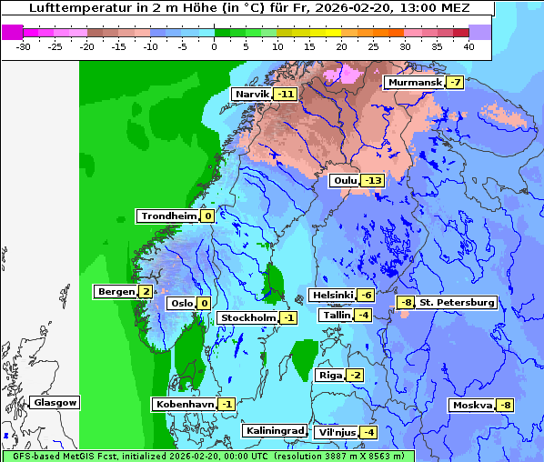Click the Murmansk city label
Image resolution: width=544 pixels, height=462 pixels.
(x=414, y=83)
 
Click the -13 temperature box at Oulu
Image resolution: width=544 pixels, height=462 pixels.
(x=372, y=180)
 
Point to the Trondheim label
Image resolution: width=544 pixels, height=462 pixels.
(x=167, y=216)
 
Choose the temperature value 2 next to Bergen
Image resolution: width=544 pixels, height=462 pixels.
(x=146, y=292)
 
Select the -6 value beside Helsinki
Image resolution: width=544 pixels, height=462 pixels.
(x=365, y=295)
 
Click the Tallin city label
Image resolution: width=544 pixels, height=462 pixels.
(x=336, y=315)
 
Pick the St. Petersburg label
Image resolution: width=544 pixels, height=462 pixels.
(x=457, y=302)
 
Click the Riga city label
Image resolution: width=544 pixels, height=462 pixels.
(x=329, y=375)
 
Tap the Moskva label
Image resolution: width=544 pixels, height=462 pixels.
(x=472, y=405)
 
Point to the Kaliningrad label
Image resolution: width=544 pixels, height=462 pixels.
(x=274, y=430)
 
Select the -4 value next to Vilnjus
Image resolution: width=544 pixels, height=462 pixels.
(x=368, y=432)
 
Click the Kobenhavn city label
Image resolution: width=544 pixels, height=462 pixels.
(x=185, y=404)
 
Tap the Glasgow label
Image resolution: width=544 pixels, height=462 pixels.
(x=55, y=402)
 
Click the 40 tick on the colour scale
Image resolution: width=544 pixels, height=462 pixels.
(x=468, y=45)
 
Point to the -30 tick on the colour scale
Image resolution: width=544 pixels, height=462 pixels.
(x=24, y=45)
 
